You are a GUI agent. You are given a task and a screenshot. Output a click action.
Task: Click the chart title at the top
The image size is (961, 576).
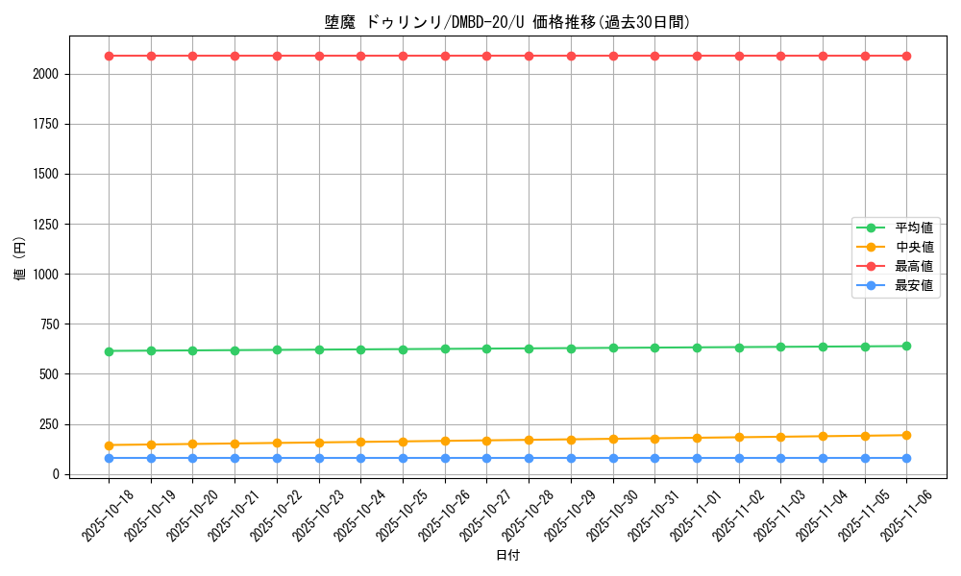(x=506, y=22)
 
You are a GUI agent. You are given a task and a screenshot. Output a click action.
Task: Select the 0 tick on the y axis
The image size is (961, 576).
(x=58, y=474)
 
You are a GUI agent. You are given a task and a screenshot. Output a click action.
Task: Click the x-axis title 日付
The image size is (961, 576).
(x=507, y=556)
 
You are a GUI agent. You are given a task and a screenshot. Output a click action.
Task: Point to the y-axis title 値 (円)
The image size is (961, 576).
(x=20, y=259)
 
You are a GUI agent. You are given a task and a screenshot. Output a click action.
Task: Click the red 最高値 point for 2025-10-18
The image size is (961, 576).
(x=109, y=56)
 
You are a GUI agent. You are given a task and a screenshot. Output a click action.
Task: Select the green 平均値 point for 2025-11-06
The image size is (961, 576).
(x=907, y=346)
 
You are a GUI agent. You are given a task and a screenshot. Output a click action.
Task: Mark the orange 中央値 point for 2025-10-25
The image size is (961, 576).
(x=403, y=442)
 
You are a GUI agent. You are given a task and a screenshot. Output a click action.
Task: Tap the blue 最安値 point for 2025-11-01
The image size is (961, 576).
(x=697, y=458)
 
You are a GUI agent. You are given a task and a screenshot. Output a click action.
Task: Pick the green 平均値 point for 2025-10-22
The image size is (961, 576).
(x=277, y=349)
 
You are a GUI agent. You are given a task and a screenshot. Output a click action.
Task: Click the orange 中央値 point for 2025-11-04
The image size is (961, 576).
(x=823, y=436)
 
